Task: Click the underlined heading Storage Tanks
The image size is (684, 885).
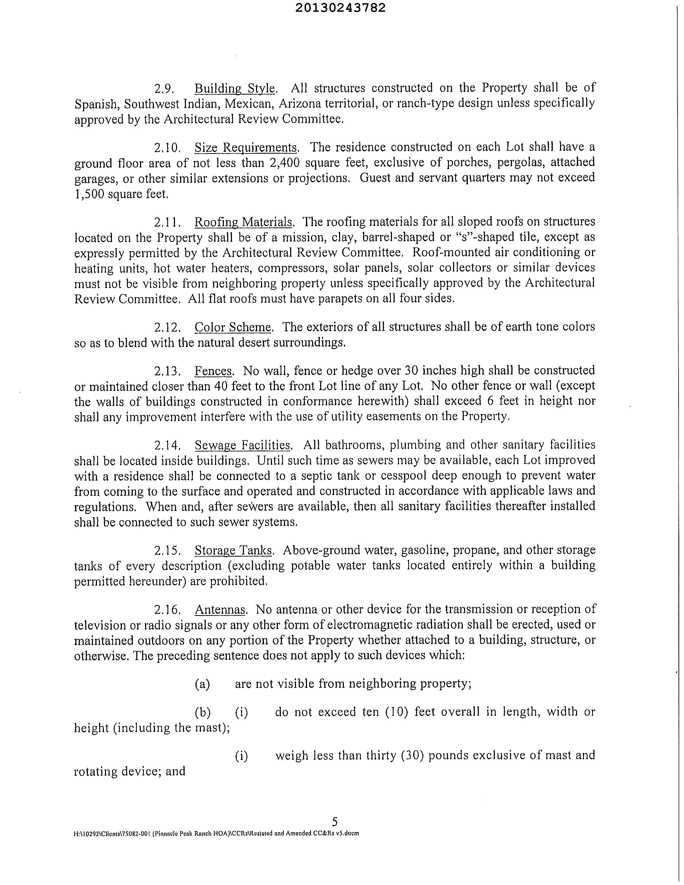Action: (x=233, y=550)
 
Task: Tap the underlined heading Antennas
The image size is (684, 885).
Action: (x=220, y=610)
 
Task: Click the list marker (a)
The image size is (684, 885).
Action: (x=203, y=684)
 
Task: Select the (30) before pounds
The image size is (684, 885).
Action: (x=412, y=756)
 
